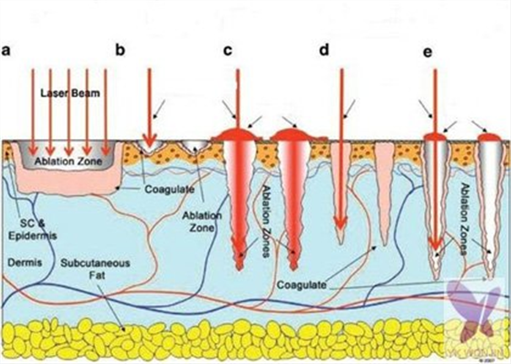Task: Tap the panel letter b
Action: (x=121, y=51)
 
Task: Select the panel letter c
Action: (x=228, y=51)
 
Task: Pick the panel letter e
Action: (x=428, y=52)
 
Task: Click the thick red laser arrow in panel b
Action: (x=149, y=110)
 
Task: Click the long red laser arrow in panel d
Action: (x=339, y=152)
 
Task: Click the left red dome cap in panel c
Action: (x=239, y=133)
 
